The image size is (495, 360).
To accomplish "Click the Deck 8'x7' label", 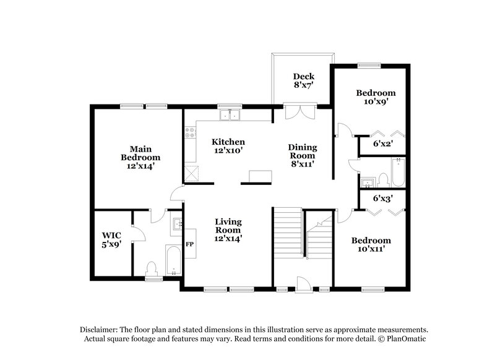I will point(304,82).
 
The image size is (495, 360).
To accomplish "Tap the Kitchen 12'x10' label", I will point(228,146).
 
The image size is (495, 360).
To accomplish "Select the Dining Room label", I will point(303,156).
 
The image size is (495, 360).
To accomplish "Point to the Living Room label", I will point(228,229).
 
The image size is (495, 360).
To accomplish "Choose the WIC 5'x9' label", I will point(112,239).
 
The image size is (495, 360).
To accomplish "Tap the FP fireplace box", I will point(190,244).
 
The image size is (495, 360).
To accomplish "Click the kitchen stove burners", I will point(190,131).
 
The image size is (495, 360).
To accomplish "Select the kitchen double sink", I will point(230,114).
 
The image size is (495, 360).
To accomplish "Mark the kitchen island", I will point(260,178).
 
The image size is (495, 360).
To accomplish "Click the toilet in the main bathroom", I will point(151,268).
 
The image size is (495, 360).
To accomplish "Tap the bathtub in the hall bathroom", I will point(398,173).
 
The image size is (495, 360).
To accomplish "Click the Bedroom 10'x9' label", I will point(372,97).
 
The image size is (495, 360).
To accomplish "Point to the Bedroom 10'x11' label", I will point(371,245).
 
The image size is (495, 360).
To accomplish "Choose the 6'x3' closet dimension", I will point(382,199).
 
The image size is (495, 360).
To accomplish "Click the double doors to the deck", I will point(299,113).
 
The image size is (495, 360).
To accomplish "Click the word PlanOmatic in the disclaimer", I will point(404,339).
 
